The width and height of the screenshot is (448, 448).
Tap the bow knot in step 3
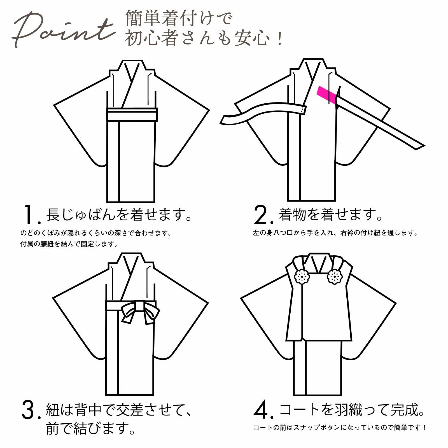tap(140, 312)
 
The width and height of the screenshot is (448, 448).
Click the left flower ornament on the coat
tap(302, 277)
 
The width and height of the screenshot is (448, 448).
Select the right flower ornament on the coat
tap(335, 277)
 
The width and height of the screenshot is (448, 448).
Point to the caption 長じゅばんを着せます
tap(119, 215)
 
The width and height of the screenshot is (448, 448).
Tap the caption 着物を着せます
tap(330, 215)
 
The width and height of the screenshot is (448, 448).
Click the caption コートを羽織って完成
tap(352, 410)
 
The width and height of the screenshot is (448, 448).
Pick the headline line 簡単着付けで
tap(179, 18)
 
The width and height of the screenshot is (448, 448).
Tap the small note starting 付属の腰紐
tap(69, 244)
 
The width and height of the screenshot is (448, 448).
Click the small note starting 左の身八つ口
tap(335, 233)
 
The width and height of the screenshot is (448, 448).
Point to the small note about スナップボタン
tap(340, 428)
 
